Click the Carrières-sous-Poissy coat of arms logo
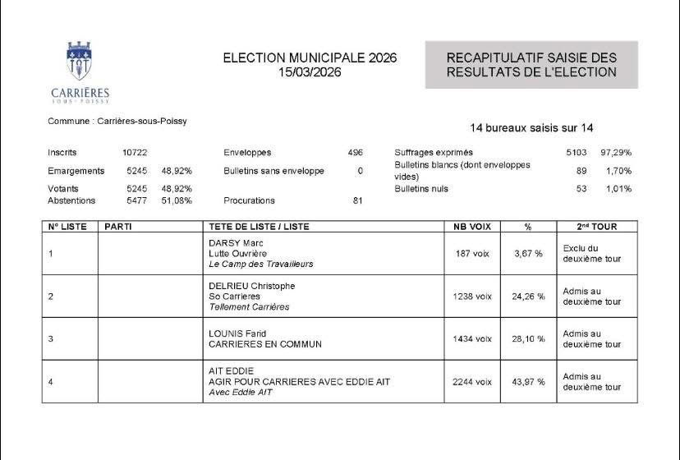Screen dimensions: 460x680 [x=80, y=64]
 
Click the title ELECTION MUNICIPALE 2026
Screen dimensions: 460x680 [x=310, y=58]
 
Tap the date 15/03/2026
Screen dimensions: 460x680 [x=310, y=72]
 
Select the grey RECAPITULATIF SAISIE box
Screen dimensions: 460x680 [x=531, y=65]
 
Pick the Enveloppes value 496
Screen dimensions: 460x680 [x=355, y=153]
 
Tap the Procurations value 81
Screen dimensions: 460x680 [x=357, y=200]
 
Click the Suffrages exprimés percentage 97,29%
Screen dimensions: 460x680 [x=615, y=153]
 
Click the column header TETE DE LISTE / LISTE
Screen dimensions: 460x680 [x=259, y=227]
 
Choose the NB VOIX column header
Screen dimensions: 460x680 [x=471, y=227]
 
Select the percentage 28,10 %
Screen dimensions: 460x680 [x=528, y=338]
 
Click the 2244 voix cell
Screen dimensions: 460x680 [x=472, y=381]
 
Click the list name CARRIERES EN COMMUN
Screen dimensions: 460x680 [x=265, y=344]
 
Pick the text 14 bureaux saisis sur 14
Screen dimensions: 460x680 [x=531, y=128]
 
